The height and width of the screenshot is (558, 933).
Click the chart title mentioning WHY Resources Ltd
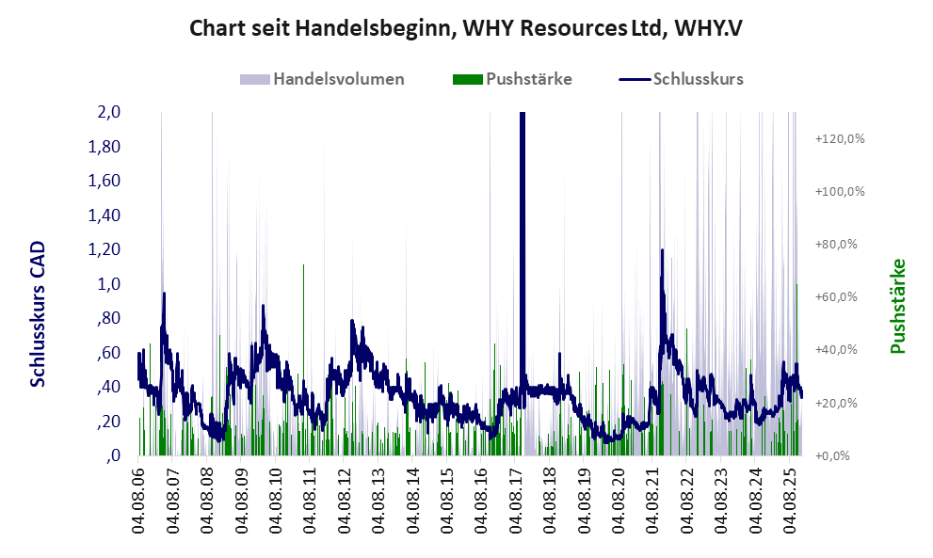pyautogui.click(x=466, y=27)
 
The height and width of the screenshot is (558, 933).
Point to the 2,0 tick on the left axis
pyautogui.click(x=108, y=113)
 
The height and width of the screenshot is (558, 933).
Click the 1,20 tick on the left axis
pyautogui.click(x=105, y=249)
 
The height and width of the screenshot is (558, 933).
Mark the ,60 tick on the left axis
pyautogui.click(x=108, y=353)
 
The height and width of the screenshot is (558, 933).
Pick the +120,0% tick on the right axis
pyautogui.click(x=840, y=138)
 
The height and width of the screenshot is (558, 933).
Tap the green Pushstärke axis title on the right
pyautogui.click(x=896, y=306)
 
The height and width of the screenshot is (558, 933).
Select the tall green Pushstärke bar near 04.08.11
pyautogui.click(x=303, y=358)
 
